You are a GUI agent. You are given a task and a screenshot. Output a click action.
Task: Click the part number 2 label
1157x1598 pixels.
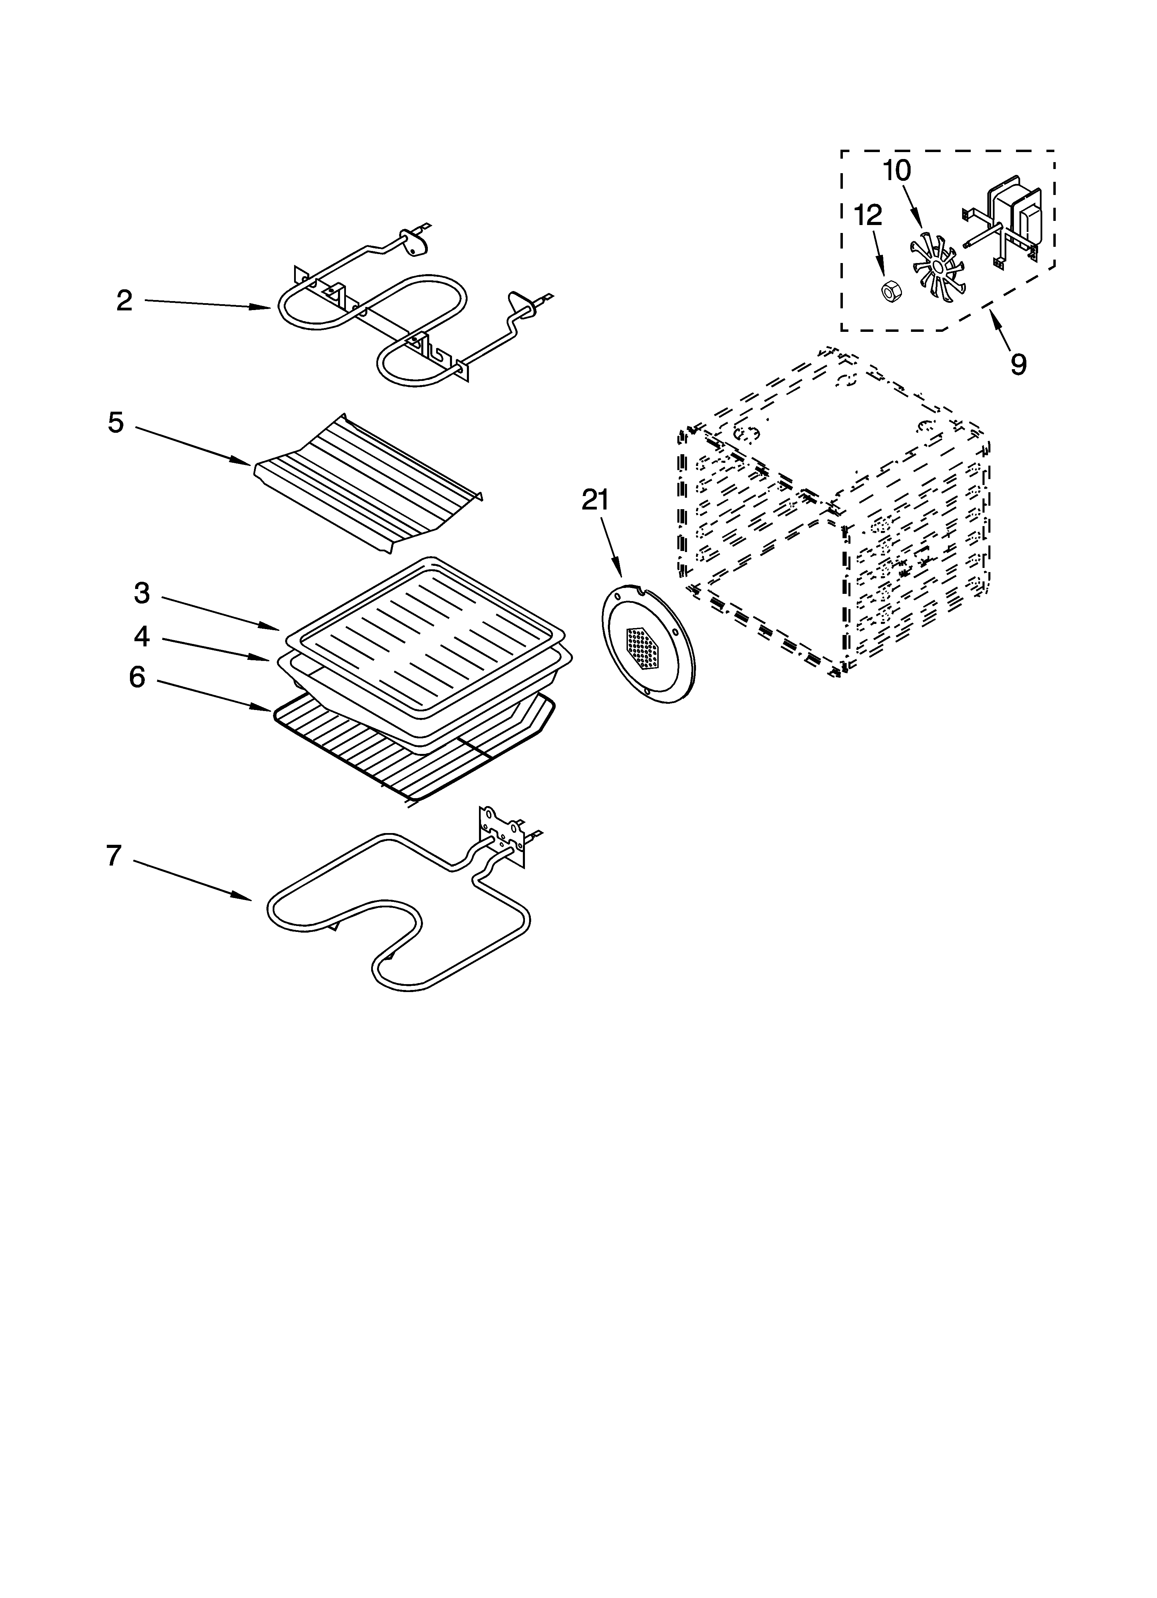[124, 301]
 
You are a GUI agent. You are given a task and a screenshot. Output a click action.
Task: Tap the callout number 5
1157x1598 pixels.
[115, 423]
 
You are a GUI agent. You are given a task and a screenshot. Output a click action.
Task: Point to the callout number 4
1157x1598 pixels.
[142, 637]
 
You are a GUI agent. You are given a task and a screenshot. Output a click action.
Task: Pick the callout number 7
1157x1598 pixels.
[114, 856]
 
